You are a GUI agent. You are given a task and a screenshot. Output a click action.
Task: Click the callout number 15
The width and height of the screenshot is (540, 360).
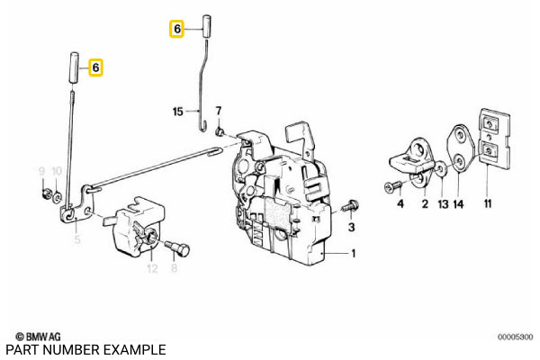177,112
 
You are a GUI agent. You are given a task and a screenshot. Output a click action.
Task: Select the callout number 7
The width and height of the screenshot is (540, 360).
219,111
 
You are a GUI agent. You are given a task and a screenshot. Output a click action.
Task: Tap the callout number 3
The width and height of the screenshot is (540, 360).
351,228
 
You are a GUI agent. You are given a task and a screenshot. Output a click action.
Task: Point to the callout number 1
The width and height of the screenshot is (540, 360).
354,254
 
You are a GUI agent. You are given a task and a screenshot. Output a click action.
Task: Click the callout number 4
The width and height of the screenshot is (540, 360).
400,204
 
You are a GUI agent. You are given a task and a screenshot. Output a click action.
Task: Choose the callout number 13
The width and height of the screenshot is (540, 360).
443,204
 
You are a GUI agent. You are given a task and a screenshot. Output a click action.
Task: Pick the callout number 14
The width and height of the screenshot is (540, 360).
458,204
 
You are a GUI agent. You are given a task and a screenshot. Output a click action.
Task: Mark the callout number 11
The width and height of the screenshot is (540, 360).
488,204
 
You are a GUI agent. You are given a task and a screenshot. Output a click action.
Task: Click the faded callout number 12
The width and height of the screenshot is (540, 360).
152,268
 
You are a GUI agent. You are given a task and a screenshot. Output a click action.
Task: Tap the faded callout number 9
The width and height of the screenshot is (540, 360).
41,171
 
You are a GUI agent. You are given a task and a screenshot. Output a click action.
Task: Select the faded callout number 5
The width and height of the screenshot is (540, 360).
77,239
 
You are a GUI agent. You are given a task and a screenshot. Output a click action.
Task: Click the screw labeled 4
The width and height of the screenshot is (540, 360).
393,186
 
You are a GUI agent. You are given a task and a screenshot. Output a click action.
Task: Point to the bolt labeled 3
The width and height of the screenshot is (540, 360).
350,206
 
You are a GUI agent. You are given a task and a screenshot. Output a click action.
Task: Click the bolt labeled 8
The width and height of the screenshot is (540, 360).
177,248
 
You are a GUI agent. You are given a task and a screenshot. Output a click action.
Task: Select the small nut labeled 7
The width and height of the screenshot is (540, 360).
219,131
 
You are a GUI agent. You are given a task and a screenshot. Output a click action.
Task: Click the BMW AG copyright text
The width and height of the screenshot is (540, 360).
39,337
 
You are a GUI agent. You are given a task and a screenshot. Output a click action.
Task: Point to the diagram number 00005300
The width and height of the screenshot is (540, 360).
515,337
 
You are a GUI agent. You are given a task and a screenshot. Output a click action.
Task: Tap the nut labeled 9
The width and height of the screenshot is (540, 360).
45,194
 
